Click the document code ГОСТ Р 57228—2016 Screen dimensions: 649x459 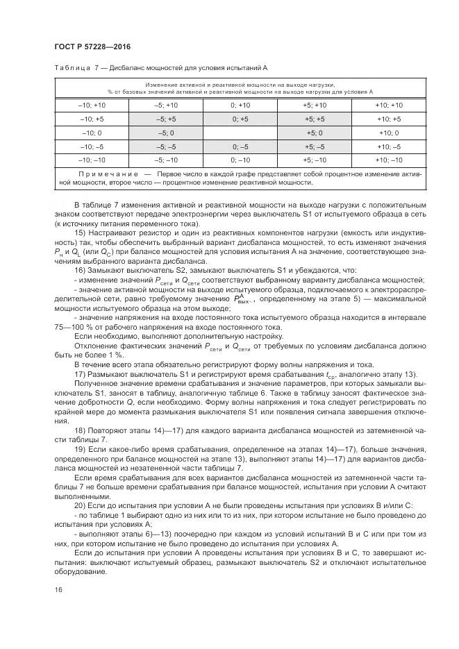tap(92, 47)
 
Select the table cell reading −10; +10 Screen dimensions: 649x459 tap(92, 105)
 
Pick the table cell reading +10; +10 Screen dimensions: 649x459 tap(388, 105)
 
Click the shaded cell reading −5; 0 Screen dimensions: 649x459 tap(166, 132)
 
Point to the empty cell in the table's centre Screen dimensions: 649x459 tap(240, 132)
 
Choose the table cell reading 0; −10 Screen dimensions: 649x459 tap(240, 160)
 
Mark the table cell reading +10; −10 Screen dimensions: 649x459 tap(388, 160)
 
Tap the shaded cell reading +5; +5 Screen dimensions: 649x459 tap(314, 119)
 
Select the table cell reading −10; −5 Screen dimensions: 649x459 tap(92, 146)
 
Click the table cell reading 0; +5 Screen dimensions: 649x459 tap(240, 119)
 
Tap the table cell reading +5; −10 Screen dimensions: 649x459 tap(314, 160)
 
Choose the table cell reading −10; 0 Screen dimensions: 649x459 tap(92, 132)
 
